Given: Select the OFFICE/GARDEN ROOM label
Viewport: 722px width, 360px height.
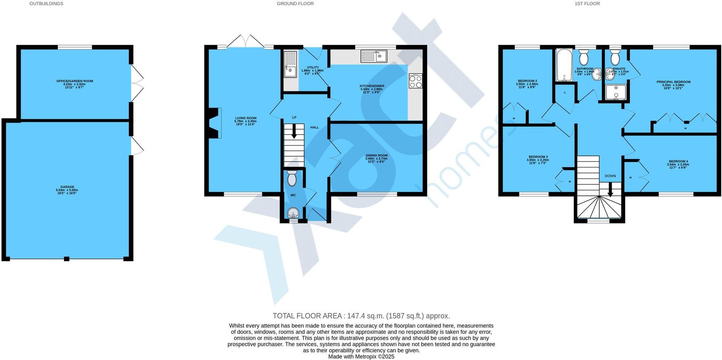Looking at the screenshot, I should tap(75, 81).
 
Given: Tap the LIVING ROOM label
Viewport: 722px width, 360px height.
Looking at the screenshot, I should tap(246, 118).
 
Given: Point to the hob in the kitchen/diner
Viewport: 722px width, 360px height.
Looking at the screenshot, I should tap(415, 81).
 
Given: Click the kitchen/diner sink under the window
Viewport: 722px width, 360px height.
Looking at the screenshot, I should tap(373, 57).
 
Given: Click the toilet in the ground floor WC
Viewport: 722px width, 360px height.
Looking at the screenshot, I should tap(292, 178).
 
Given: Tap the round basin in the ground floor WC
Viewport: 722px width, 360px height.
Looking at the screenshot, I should tap(293, 213).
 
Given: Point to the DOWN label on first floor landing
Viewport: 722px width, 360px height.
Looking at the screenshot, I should tap(610, 176).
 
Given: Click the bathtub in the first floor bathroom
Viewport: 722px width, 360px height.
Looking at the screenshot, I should tap(563, 64).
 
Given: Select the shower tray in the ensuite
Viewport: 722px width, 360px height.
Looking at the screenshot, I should tap(616, 92).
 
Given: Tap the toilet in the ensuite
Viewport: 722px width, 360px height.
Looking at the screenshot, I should tap(615, 59).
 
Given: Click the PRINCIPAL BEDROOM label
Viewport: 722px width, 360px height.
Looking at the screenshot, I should tap(673, 82).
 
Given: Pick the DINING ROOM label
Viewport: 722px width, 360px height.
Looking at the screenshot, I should tap(376, 155).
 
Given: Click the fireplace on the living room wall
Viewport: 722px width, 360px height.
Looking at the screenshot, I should tap(214, 123).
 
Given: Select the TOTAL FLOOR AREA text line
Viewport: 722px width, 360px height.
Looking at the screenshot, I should tap(361, 316).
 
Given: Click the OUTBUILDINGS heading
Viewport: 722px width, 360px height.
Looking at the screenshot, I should tap(46, 4).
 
